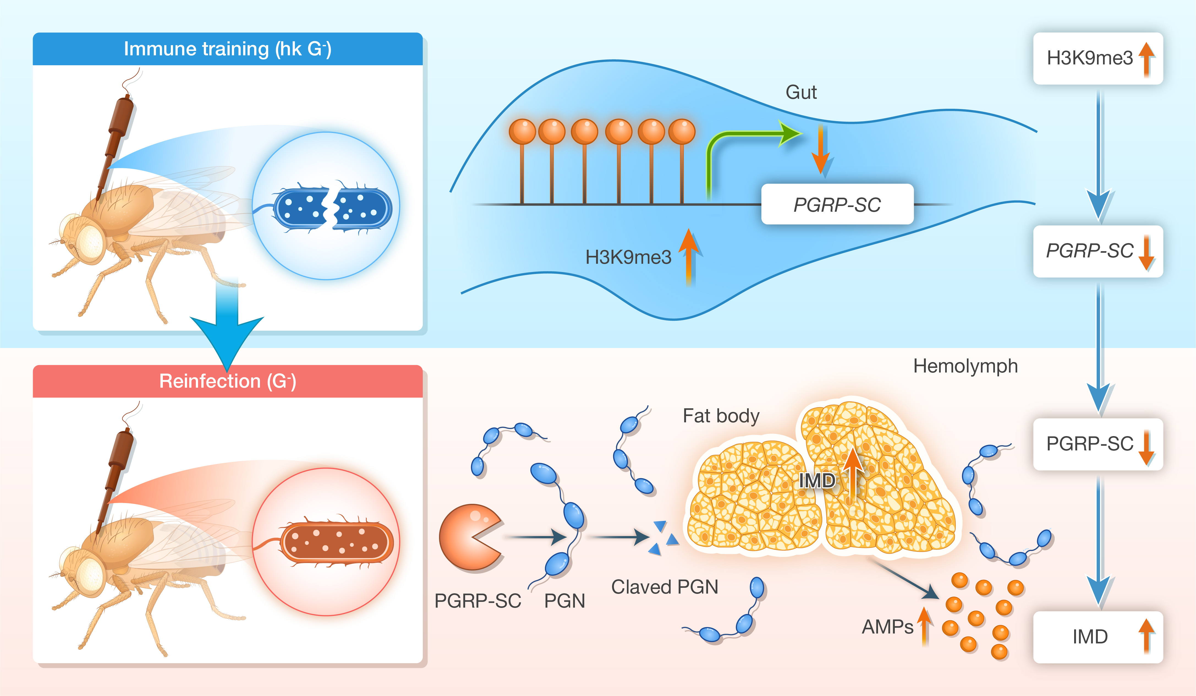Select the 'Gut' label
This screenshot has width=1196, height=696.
tap(801, 92)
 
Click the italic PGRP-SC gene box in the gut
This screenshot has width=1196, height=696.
tap(837, 204)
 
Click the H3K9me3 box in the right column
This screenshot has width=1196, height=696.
tap(1098, 58)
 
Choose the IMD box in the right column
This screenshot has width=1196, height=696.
tap(1098, 637)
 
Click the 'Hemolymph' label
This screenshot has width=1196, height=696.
tap(965, 366)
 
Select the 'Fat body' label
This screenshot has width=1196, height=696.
tap(721, 416)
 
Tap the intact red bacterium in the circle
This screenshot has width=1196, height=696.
tap(337, 542)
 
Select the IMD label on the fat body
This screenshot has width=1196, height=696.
tap(817, 481)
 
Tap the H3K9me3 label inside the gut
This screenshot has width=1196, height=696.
tap(628, 257)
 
